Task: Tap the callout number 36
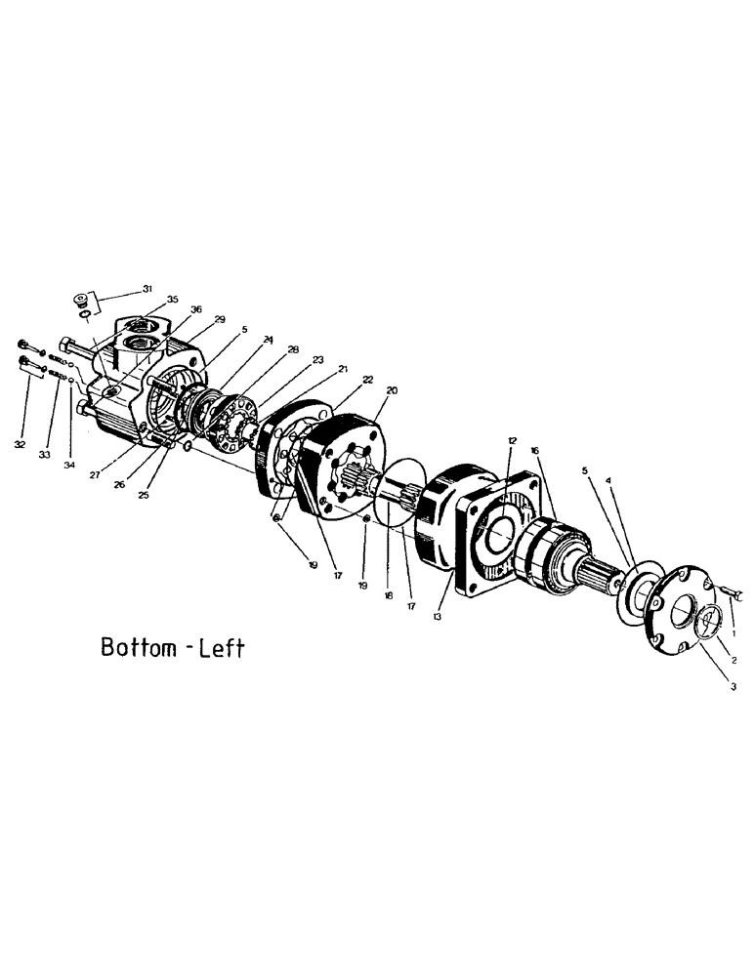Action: (x=197, y=309)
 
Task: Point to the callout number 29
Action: (x=220, y=319)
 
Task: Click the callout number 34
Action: (x=69, y=466)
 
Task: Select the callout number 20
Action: (x=392, y=389)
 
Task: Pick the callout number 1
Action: (x=733, y=606)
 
